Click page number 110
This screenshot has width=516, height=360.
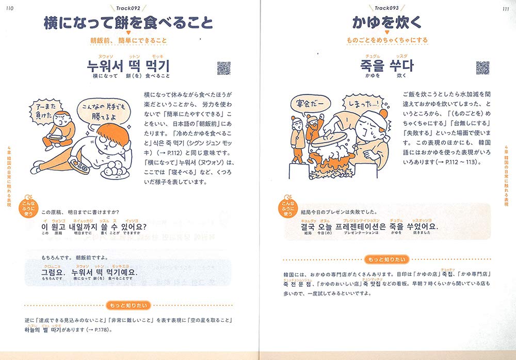click(10, 8)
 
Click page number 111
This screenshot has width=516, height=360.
click(506, 8)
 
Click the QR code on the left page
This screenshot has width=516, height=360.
click(223, 68)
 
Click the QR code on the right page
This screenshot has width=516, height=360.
click(482, 68)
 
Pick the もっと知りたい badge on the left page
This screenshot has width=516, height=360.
click(128, 305)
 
